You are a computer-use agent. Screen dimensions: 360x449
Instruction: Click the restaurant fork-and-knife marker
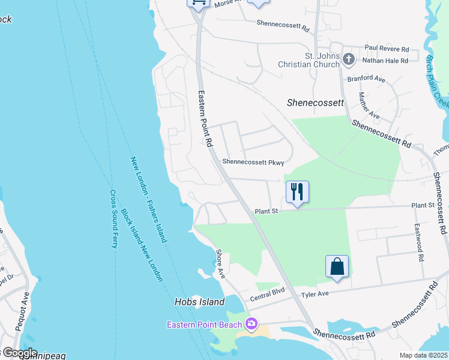[x=297, y=192]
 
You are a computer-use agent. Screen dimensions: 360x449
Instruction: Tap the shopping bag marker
[x=337, y=266]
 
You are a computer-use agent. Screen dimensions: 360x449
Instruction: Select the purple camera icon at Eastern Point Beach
[x=252, y=325]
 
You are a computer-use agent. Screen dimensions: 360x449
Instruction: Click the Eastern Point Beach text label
[x=205, y=325]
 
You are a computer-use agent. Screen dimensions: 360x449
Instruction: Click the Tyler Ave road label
[x=315, y=294]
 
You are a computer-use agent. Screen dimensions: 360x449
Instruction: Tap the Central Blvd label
[x=267, y=298]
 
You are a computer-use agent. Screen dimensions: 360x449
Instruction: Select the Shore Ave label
[x=220, y=264]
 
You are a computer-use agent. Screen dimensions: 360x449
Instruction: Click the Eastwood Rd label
[x=418, y=242]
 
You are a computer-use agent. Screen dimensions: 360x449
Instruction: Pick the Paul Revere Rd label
[x=386, y=48]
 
